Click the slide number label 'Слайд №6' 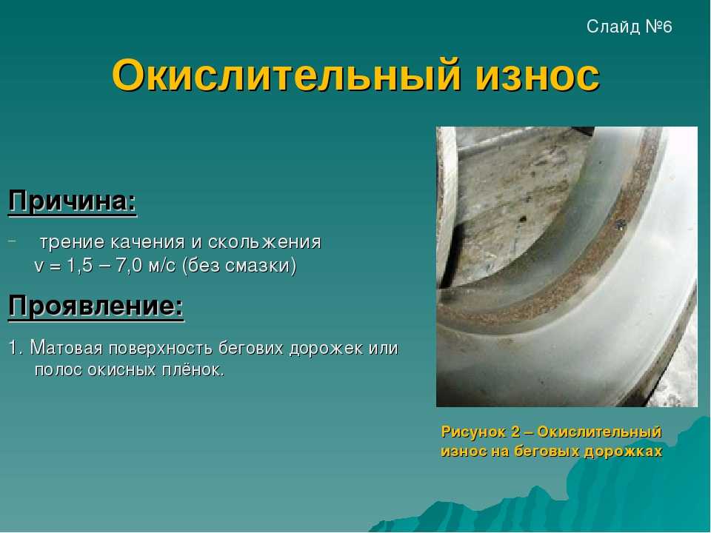[629, 27]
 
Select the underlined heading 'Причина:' [73, 201]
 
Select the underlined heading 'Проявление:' [96, 306]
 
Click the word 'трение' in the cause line [73, 243]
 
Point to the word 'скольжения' [264, 241]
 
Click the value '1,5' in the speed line [80, 266]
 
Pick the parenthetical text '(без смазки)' [239, 266]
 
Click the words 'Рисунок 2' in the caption [481, 432]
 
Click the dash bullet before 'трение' [12, 241]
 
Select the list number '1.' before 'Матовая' [16, 348]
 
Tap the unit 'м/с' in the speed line [162, 266]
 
